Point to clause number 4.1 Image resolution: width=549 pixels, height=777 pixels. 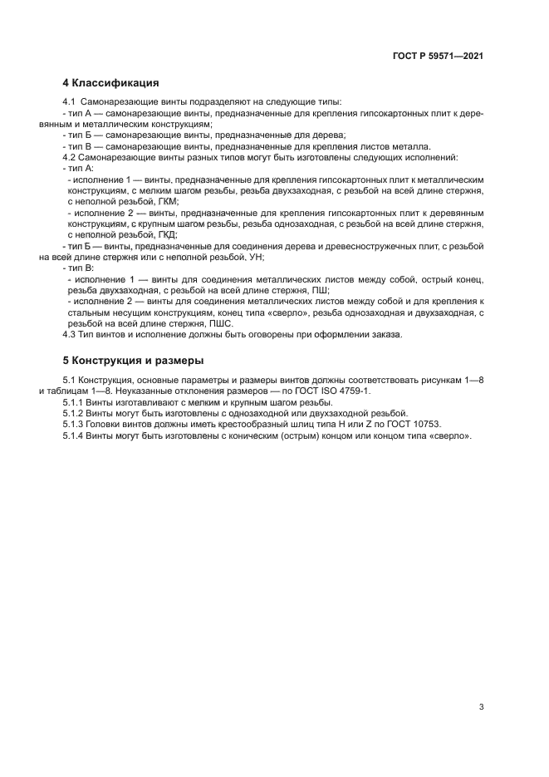(70, 102)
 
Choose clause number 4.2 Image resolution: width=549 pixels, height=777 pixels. (70, 157)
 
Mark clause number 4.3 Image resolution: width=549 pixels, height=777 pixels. (70, 335)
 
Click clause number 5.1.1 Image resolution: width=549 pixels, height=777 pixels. (73, 401)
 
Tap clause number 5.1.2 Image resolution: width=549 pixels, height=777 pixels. (73, 412)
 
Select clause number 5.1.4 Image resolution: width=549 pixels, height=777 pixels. (73, 435)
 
